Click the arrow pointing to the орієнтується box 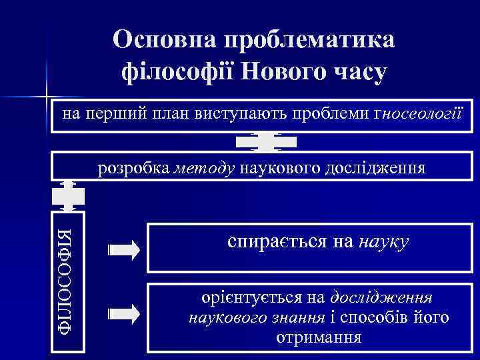click(x=124, y=311)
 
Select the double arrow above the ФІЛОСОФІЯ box click(x=69, y=196)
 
